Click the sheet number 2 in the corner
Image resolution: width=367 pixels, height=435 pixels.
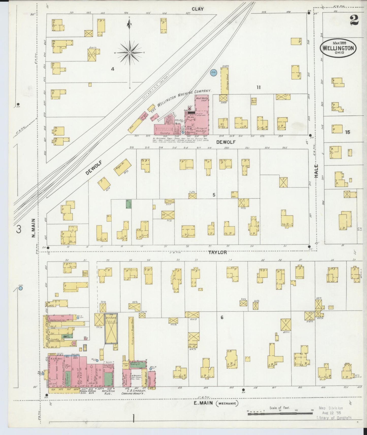354,20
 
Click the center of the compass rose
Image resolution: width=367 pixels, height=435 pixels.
130,52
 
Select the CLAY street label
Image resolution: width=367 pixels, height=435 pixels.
198,9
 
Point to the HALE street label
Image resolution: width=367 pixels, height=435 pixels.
316,170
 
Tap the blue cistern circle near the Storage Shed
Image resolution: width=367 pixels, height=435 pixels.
213,72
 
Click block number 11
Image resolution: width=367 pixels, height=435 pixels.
258,87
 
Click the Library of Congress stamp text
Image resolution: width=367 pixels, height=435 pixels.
334,417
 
